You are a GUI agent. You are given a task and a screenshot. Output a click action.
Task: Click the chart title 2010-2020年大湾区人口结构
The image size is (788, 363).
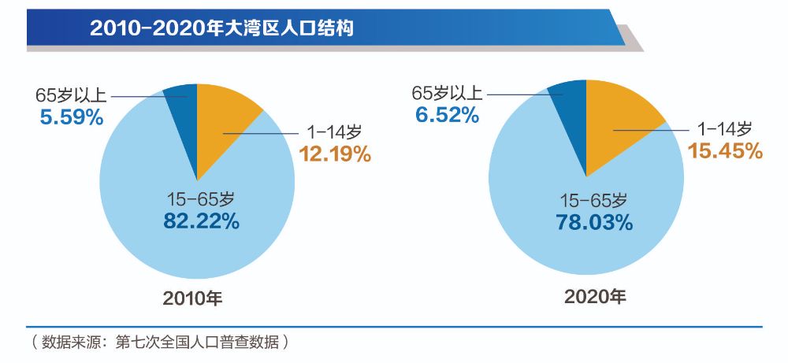[221, 29]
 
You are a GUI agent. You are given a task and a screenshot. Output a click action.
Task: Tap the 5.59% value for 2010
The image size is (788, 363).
[71, 117]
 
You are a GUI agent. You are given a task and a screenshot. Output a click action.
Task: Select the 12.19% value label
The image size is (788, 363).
[334, 154]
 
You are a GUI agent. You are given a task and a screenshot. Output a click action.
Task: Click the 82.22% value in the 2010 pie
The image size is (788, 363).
[201, 221]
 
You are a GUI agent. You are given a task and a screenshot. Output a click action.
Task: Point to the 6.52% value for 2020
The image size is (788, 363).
[447, 115]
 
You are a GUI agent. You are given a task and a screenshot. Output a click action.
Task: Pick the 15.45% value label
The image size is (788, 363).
[725, 150]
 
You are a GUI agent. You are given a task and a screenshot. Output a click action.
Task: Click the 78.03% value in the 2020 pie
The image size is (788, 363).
[593, 222]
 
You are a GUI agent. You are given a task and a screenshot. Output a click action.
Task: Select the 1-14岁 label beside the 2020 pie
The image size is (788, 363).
[722, 128]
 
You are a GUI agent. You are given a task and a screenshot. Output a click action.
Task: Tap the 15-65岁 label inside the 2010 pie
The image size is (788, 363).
[200, 199]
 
